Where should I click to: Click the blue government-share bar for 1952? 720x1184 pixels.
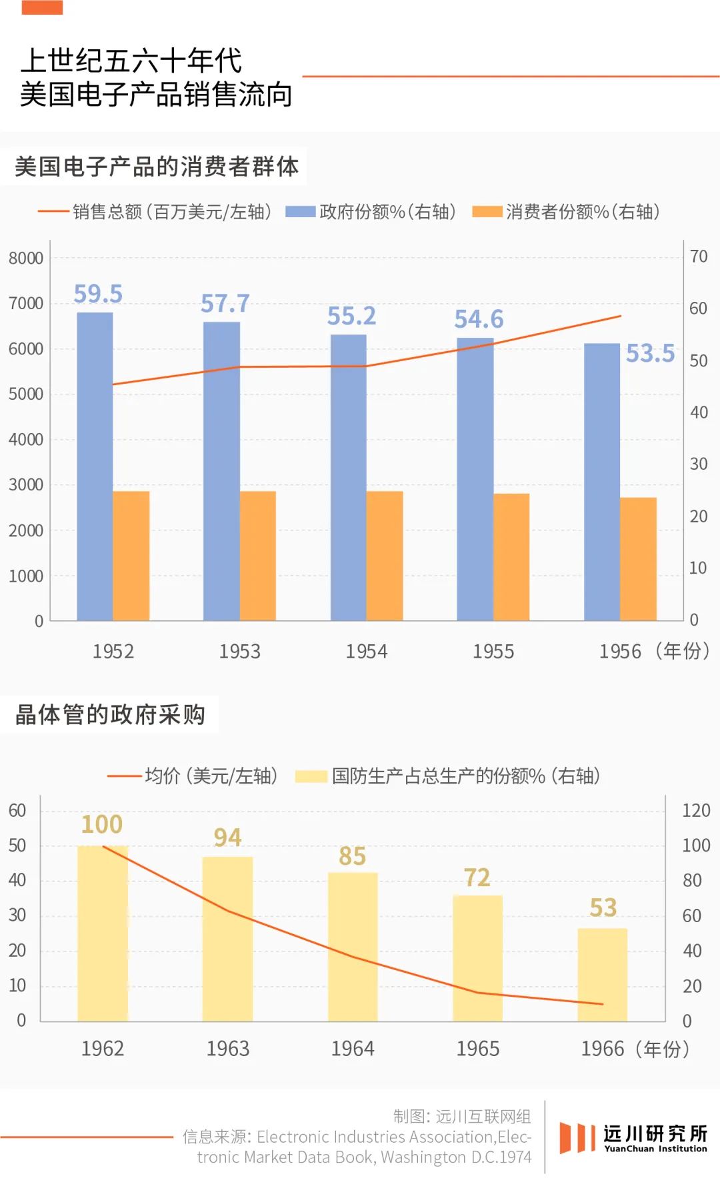(x=95, y=466)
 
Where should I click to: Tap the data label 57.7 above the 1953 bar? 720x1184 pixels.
(x=225, y=304)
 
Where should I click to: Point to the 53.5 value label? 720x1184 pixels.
(x=650, y=353)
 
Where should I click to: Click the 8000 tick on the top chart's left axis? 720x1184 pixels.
(x=26, y=258)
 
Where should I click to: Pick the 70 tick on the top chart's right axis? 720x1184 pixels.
(x=699, y=257)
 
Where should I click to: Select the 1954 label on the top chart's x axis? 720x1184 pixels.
(x=366, y=651)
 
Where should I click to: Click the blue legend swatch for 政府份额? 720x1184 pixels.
(x=300, y=212)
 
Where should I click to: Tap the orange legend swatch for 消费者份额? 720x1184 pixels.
(x=487, y=212)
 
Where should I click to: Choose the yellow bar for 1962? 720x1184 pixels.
(x=103, y=933)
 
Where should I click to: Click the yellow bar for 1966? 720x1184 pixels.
(x=603, y=974)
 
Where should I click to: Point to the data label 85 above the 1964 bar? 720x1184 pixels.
(x=352, y=856)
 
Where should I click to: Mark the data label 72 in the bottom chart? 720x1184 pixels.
(x=477, y=878)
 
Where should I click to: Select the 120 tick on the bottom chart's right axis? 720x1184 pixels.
(x=696, y=810)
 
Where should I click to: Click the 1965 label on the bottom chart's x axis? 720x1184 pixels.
(x=477, y=1049)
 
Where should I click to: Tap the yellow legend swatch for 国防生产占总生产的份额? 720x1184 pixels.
(x=311, y=776)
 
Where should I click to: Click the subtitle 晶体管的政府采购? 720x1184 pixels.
(x=110, y=714)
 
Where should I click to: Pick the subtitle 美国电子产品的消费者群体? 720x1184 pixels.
(x=157, y=167)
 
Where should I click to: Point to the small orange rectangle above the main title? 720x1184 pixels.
(x=42, y=7)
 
